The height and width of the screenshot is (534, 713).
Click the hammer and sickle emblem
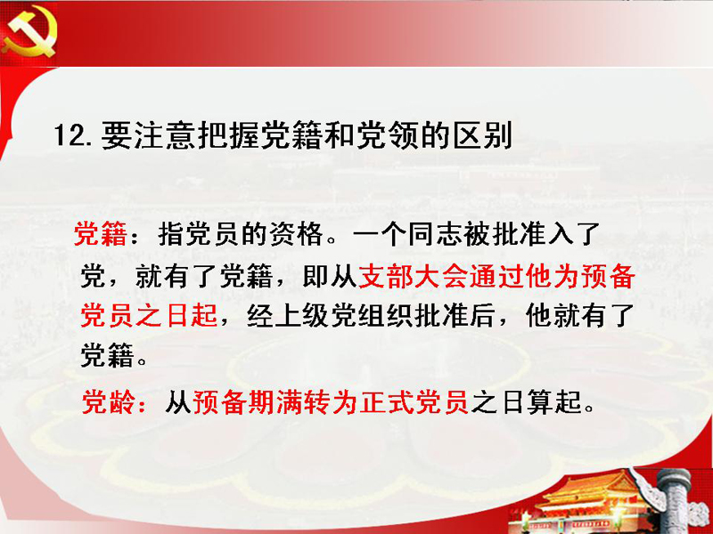[29, 33]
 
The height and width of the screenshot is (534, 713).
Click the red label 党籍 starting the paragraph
[101, 234]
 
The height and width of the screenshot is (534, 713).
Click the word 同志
[435, 234]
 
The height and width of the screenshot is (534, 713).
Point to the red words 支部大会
[413, 276]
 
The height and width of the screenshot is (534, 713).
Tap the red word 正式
[388, 401]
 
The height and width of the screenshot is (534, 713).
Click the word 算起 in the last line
[554, 401]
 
